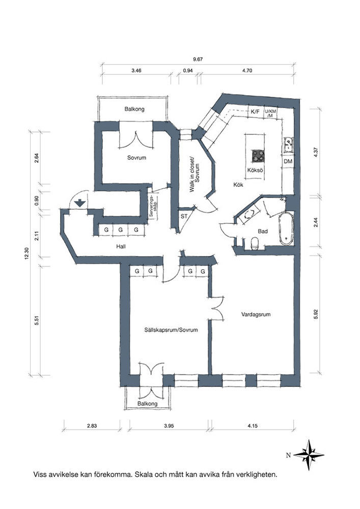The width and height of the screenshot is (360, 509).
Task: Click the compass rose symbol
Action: click(x=309, y=455)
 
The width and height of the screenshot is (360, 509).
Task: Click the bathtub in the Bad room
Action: click(x=286, y=229)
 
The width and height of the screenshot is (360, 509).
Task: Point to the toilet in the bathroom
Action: click(x=255, y=243)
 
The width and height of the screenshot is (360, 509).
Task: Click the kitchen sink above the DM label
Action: click(x=289, y=145)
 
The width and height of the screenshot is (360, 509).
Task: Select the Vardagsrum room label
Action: click(x=256, y=314)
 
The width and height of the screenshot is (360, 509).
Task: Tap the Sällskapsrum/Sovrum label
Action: click(x=171, y=330)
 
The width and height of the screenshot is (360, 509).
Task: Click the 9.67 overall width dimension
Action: click(x=198, y=60)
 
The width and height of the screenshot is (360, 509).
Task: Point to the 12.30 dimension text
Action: click(x=26, y=253)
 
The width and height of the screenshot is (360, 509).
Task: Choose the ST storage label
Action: click(x=184, y=216)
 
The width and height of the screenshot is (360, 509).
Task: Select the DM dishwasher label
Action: click(x=288, y=161)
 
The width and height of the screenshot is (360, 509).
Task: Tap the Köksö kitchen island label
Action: click(x=255, y=170)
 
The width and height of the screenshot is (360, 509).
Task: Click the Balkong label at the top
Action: click(x=134, y=109)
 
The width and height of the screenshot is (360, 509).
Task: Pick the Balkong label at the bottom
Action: click(x=147, y=404)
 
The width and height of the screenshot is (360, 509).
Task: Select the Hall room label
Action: click(x=121, y=246)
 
